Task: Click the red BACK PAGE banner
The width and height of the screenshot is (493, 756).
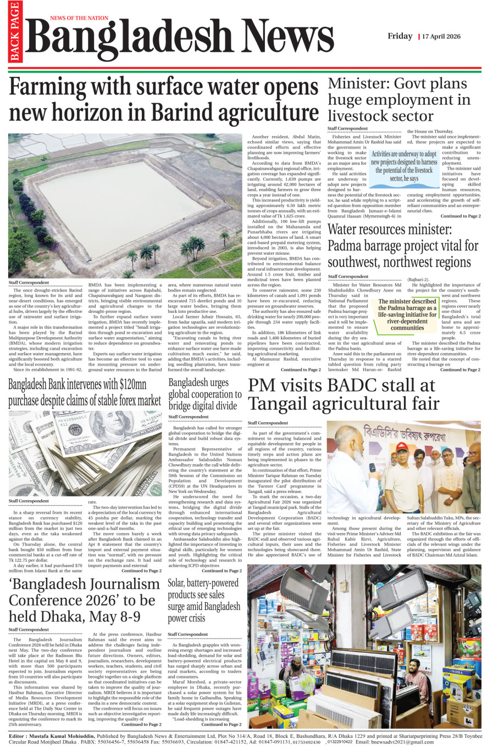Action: (14, 31)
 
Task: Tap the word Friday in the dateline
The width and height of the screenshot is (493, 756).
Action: (400, 36)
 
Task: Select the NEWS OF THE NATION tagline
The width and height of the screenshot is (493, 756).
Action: (79, 18)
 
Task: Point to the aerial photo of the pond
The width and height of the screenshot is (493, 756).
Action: (125, 206)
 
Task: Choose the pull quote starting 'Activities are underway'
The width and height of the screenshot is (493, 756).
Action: (404, 166)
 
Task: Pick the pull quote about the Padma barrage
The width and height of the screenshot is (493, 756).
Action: (407, 315)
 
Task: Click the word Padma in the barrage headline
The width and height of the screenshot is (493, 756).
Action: (347, 245)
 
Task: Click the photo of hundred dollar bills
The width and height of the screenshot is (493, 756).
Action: (85, 453)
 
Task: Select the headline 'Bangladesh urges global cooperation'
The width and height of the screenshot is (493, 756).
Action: (204, 394)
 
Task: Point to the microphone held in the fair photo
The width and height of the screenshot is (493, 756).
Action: (372, 468)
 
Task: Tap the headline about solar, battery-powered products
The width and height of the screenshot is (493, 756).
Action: (204, 601)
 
